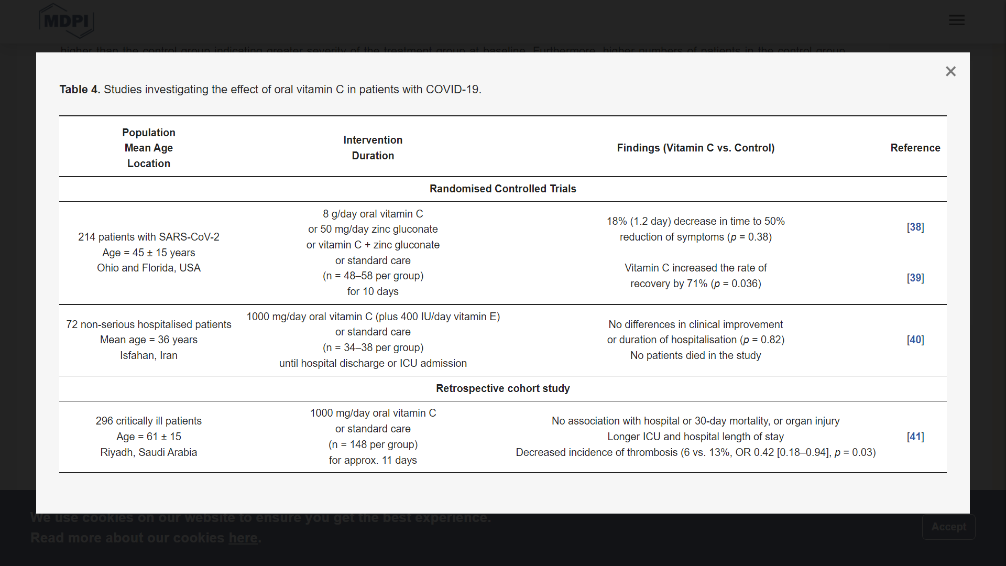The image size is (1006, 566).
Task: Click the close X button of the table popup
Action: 950,71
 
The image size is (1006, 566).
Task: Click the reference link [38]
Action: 915,227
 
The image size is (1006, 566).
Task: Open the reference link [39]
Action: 915,278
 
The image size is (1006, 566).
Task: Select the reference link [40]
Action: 915,340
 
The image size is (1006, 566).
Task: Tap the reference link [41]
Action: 915,437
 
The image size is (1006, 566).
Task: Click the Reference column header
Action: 915,148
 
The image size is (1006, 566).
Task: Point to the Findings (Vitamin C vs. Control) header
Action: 695,148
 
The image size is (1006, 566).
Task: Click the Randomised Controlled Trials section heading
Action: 502,189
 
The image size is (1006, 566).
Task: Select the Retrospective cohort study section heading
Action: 502,388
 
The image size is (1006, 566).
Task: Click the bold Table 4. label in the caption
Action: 80,90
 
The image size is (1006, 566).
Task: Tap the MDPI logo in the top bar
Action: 66,21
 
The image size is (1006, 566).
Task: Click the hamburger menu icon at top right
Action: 956,20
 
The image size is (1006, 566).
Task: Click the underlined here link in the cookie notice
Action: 243,538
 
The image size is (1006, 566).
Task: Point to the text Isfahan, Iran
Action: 149,355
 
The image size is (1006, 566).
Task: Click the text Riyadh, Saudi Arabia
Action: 149,452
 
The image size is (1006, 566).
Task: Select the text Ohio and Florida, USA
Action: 149,268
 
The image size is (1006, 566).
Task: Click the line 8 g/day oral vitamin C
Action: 373,214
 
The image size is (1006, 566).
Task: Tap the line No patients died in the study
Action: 695,355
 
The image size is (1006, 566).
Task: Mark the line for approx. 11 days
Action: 373,460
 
